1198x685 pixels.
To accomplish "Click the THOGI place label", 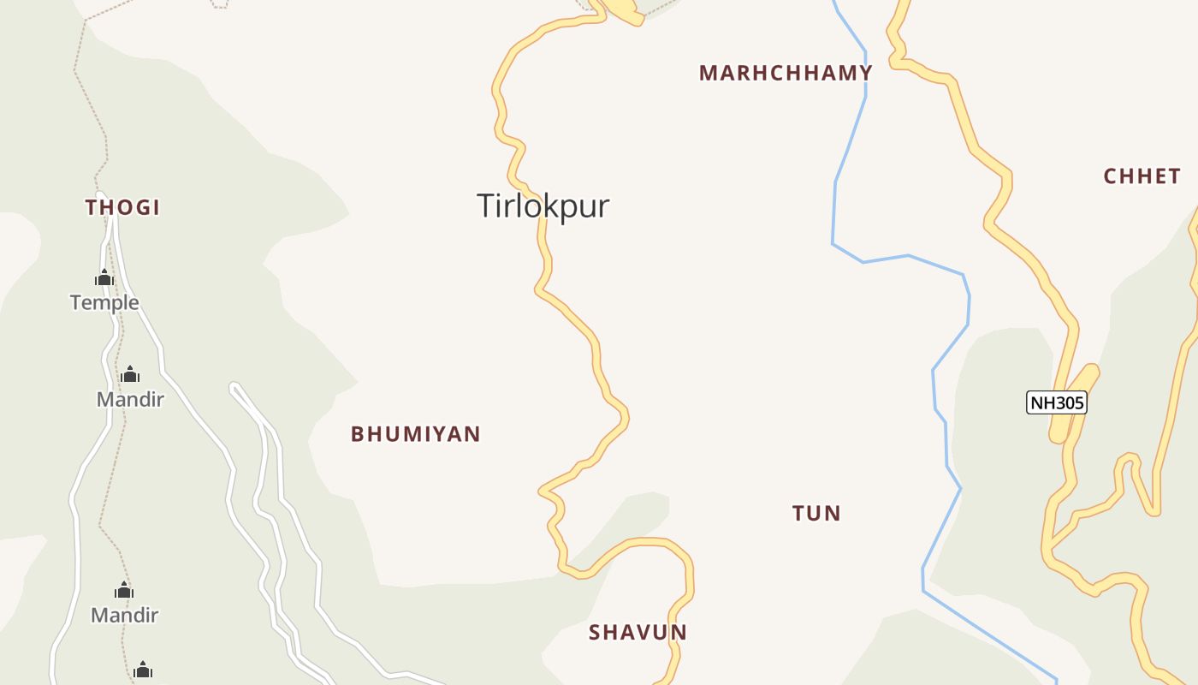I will pyautogui.click(x=123, y=207).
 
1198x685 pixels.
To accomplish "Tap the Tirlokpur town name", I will pyautogui.click(x=543, y=206).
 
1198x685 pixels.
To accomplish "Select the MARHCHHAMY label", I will pyautogui.click(x=786, y=73).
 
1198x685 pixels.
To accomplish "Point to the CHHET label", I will pyautogui.click(x=1142, y=176).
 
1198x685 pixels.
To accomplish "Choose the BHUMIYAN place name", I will pyautogui.click(x=416, y=434).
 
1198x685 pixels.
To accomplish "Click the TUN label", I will pyautogui.click(x=816, y=513).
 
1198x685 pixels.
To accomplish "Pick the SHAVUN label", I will pyautogui.click(x=638, y=633).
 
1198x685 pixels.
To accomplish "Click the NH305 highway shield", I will pyautogui.click(x=1056, y=402).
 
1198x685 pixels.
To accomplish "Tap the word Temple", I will pyautogui.click(x=104, y=302).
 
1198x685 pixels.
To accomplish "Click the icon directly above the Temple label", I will pyautogui.click(x=104, y=277).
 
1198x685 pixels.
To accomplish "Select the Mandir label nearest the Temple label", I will pyautogui.click(x=130, y=399).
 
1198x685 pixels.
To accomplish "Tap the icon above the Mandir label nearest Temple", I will pyautogui.click(x=130, y=374).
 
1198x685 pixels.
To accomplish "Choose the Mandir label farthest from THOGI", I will pyautogui.click(x=125, y=615).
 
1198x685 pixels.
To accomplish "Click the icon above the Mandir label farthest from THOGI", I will pyautogui.click(x=125, y=590).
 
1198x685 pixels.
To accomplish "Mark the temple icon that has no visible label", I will pyautogui.click(x=143, y=669).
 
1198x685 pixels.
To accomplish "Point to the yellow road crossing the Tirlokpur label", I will pyautogui.click(x=542, y=224).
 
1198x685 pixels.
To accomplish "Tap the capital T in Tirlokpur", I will pyautogui.click(x=485, y=206).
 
